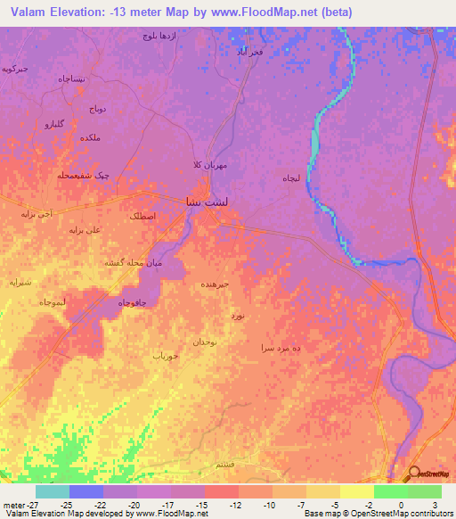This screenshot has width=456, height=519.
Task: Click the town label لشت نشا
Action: (x=198, y=202)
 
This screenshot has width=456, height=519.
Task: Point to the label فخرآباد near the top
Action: (x=248, y=52)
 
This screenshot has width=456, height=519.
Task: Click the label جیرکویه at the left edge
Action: (x=15, y=68)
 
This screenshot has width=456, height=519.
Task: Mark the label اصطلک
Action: (x=142, y=217)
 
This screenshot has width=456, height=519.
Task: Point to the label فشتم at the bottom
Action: (x=226, y=465)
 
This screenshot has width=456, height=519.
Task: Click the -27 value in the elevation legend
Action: (x=18, y=505)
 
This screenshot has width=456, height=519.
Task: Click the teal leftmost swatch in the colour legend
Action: (x=52, y=491)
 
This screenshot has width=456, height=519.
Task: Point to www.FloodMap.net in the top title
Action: (x=267, y=12)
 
